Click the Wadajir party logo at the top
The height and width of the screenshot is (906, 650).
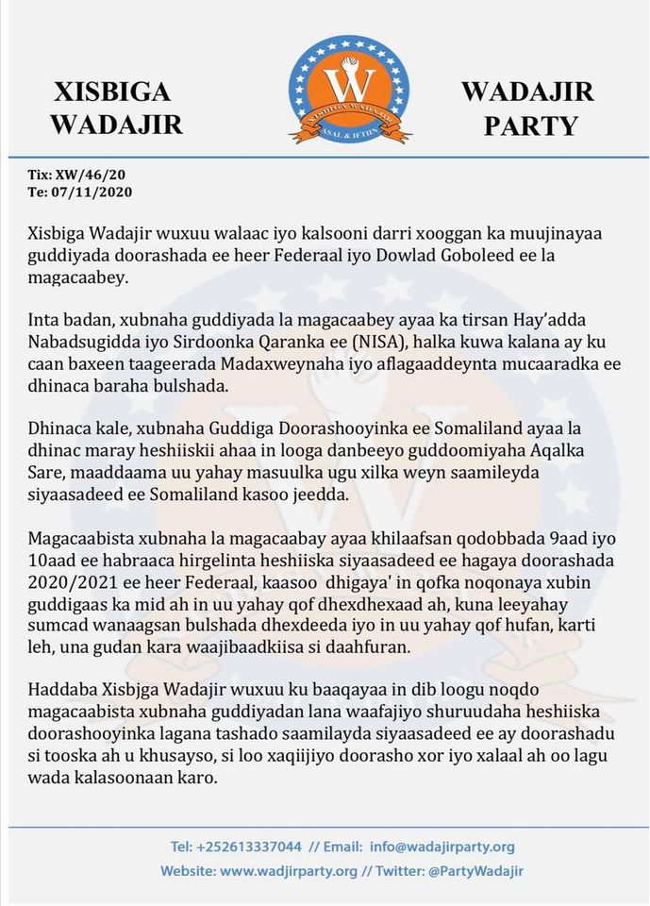coord(349,90)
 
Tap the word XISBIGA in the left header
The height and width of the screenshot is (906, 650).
coord(113,92)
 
